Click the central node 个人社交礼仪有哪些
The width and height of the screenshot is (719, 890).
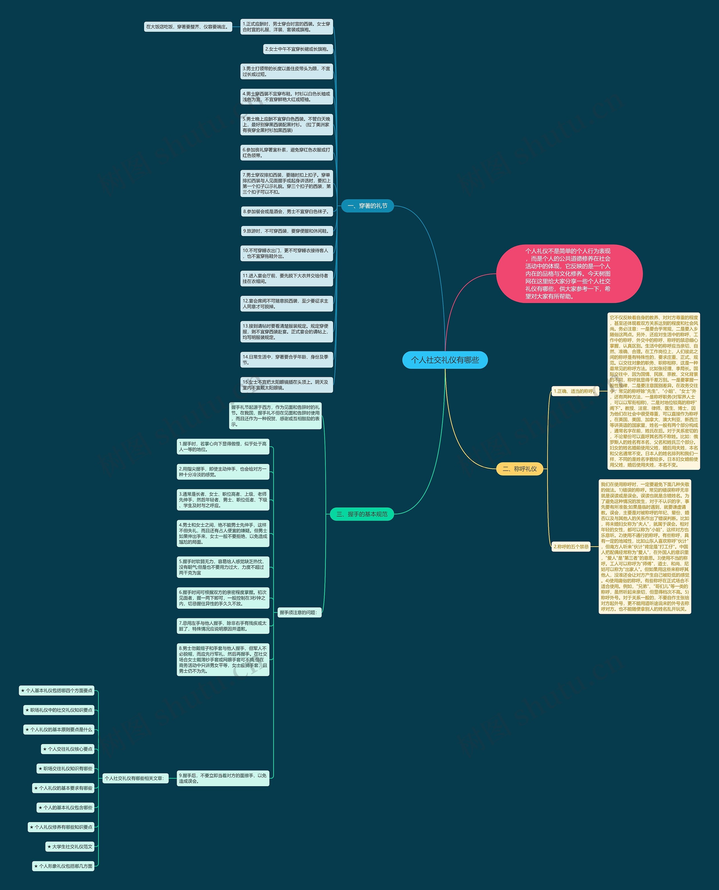click(x=445, y=360)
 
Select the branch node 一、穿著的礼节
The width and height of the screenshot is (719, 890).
click(x=367, y=206)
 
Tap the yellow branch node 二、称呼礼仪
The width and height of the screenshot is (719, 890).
click(x=519, y=469)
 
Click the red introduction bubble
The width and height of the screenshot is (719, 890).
click(x=569, y=274)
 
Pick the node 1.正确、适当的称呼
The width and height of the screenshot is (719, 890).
click(x=575, y=391)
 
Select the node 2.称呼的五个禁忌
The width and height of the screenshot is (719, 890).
click(x=571, y=546)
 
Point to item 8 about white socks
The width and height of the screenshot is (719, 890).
click(x=286, y=212)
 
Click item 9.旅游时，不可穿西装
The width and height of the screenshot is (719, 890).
click(x=286, y=231)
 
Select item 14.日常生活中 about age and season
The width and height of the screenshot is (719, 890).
click(x=286, y=360)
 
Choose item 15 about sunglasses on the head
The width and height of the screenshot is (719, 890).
click(x=286, y=385)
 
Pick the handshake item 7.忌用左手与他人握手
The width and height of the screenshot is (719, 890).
click(x=223, y=626)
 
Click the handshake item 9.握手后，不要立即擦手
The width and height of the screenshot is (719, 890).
click(x=223, y=778)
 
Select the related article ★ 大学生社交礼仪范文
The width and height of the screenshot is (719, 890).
click(x=70, y=846)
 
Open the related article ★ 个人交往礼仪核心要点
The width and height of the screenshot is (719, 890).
click(x=68, y=749)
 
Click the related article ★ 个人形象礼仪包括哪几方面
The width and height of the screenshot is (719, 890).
click(x=63, y=866)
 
